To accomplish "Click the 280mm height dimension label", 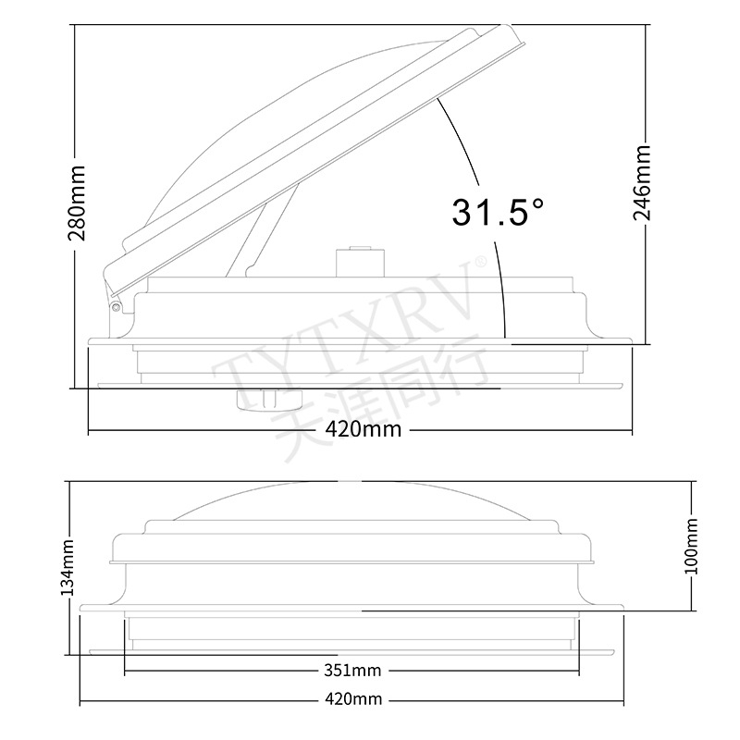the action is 78,203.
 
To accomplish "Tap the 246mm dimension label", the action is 642,183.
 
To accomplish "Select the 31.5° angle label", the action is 498,212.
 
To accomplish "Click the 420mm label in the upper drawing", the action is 364,429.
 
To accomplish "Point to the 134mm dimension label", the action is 68,568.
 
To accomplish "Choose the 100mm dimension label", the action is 691,546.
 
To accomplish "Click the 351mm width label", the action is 352,670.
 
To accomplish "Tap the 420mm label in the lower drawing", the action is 353,699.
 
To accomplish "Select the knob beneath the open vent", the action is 270,401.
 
